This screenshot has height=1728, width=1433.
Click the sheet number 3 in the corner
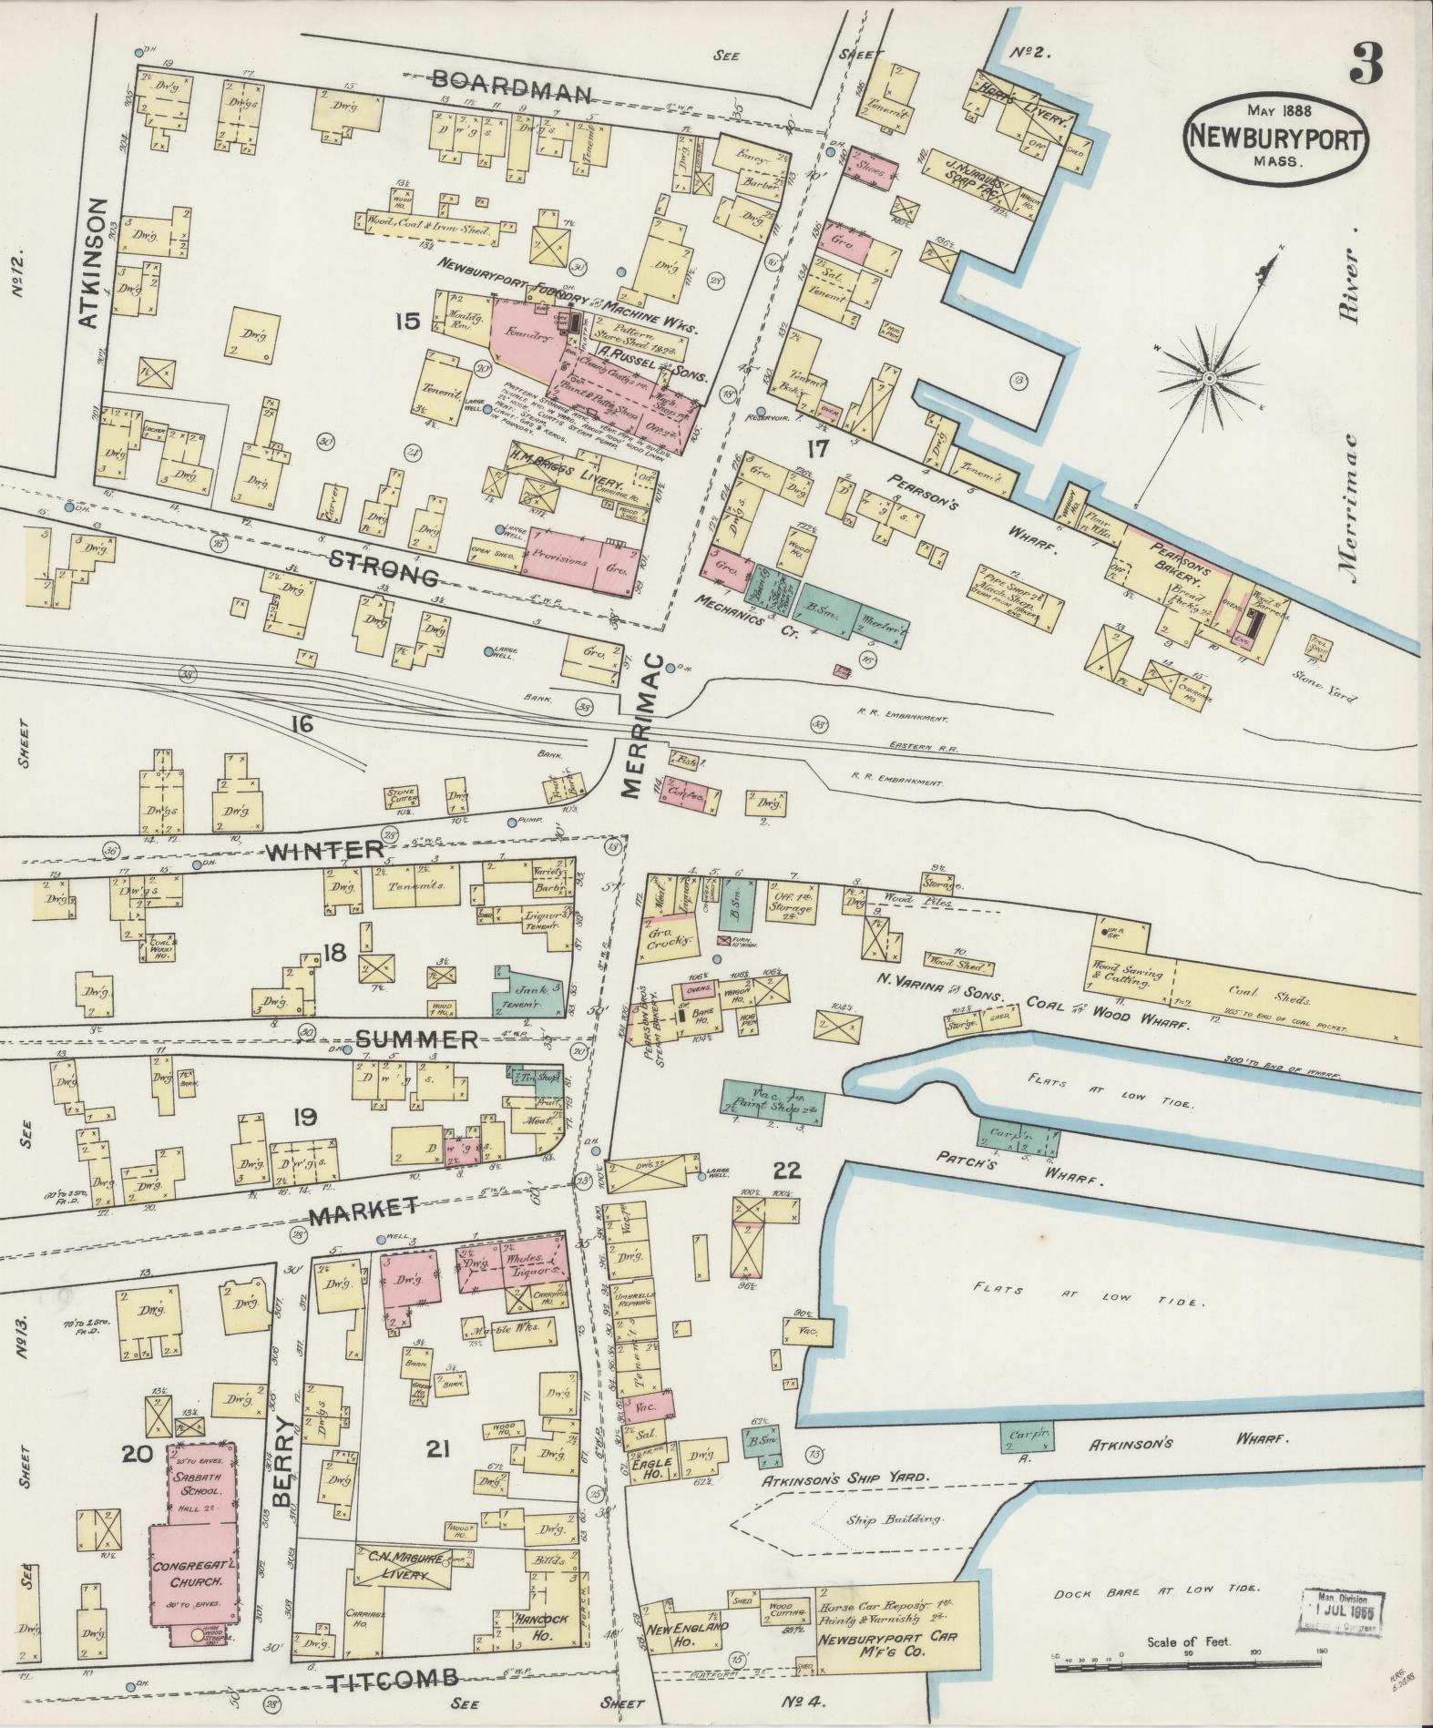pyautogui.click(x=1366, y=63)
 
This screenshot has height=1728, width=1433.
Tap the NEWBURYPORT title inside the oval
pyautogui.click(x=1276, y=139)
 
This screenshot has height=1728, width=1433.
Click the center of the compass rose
pyautogui.click(x=1208, y=376)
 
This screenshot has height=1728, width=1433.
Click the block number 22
pyautogui.click(x=787, y=1171)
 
